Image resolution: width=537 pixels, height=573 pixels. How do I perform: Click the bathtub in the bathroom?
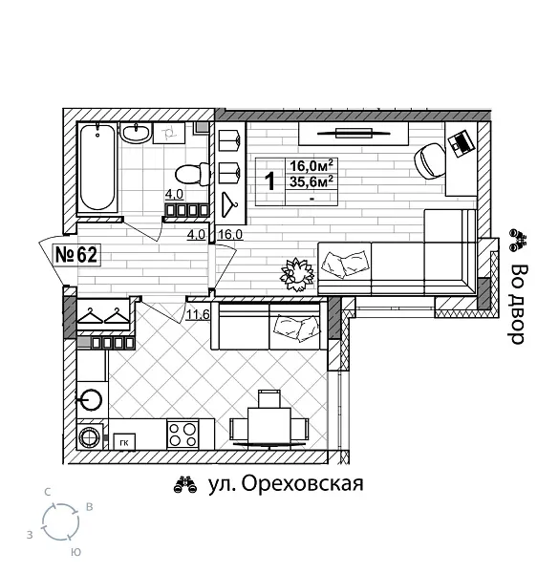click(x=97, y=168)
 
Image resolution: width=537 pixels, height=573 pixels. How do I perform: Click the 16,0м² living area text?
click(x=311, y=164)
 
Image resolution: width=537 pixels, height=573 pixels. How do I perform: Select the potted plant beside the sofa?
click(x=296, y=272)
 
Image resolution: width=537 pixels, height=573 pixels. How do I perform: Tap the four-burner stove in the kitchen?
click(x=184, y=435)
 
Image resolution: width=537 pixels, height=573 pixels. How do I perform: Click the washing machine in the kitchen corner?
click(x=91, y=436)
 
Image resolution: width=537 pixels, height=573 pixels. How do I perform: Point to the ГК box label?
click(x=124, y=442)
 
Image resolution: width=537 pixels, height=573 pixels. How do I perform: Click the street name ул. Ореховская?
click(x=286, y=484)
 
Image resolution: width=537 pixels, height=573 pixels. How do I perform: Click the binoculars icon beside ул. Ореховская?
click(x=184, y=485)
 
